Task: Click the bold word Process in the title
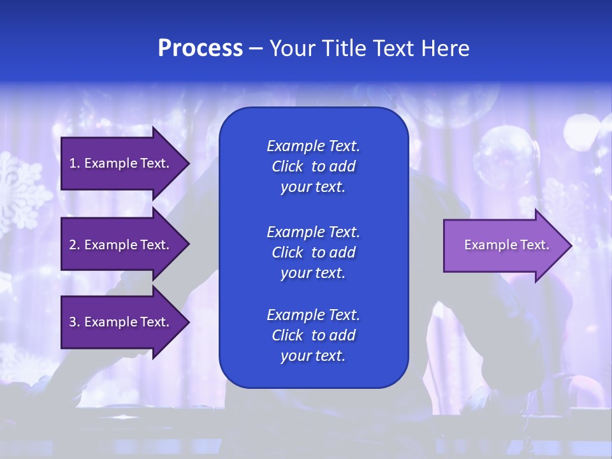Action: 200,48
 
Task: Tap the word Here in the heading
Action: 446,48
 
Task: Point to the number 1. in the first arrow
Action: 74,163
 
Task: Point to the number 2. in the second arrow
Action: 74,245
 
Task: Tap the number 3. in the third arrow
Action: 74,322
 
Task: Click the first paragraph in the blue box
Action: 313,166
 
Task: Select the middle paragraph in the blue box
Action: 313,252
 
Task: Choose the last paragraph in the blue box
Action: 313,335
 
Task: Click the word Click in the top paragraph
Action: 287,166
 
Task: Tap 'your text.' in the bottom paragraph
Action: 313,356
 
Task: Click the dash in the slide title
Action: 256,48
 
